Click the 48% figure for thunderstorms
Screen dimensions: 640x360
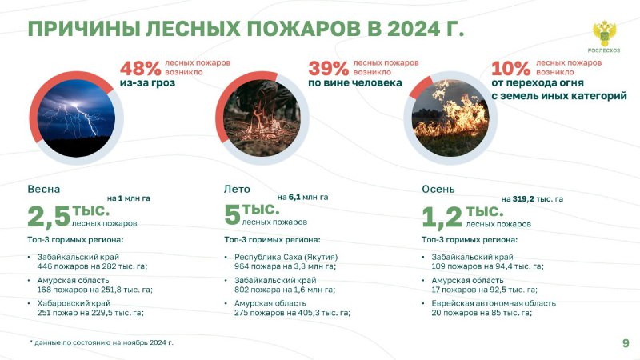(141, 68)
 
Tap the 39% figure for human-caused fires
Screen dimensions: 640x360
(329, 68)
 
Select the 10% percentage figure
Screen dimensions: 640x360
(510, 68)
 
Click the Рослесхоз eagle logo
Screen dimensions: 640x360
(604, 34)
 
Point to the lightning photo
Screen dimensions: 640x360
(76, 118)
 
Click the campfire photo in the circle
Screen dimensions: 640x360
(262, 118)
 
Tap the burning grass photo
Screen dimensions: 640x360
(450, 118)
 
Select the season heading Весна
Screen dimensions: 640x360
(44, 189)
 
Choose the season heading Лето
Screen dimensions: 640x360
(237, 189)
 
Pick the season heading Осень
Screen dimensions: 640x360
(438, 189)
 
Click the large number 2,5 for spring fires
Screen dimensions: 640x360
(49, 216)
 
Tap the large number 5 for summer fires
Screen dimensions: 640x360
(232, 215)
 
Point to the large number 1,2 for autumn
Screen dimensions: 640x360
(442, 217)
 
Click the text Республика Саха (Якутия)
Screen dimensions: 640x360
(286, 257)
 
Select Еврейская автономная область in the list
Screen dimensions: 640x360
(494, 303)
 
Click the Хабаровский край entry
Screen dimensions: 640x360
(74, 303)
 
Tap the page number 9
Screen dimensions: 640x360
(626, 343)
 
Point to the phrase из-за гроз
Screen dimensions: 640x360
(147, 83)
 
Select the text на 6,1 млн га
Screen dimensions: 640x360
(303, 197)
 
